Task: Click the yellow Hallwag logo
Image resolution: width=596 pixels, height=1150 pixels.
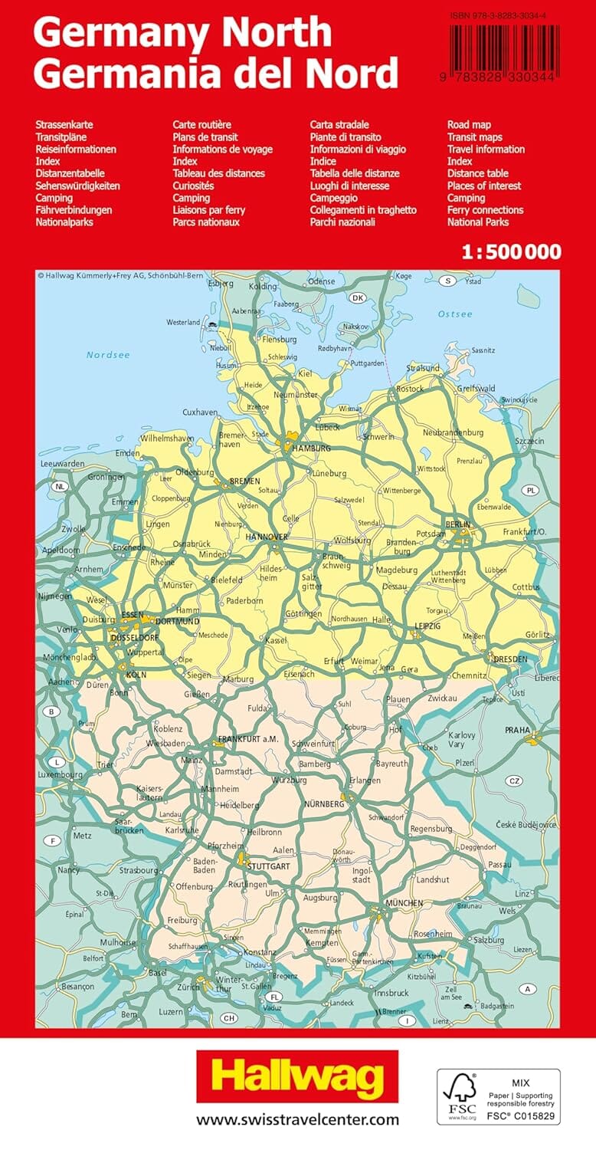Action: coord(297,1076)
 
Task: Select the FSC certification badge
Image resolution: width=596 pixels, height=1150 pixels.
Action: coord(499,1096)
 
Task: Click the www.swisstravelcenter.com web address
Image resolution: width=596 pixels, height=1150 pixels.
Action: coord(297,1119)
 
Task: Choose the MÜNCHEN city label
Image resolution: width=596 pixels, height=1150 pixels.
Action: coord(404,903)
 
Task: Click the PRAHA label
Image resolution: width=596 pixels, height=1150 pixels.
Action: coord(517,731)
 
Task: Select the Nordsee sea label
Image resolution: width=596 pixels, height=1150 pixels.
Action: coord(108,355)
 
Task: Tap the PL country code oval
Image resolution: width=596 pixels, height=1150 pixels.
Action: coord(530,490)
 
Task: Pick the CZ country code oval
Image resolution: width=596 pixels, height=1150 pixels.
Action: coord(514,781)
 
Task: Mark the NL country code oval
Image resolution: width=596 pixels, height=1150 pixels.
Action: coord(61,486)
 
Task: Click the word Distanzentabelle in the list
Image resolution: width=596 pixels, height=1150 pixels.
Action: coord(70,173)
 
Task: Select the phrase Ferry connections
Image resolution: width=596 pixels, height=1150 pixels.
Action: coord(485,210)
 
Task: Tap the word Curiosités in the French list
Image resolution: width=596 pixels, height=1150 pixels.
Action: coord(193,186)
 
